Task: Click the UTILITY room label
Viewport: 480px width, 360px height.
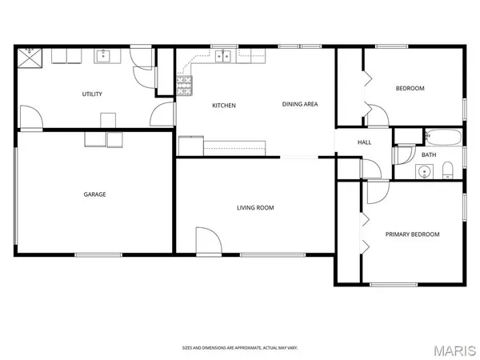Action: click(92, 94)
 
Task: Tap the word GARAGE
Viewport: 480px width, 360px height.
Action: click(95, 194)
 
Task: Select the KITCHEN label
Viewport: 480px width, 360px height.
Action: click(223, 106)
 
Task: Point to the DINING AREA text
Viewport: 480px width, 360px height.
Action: click(300, 104)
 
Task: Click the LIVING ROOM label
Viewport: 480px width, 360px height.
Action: click(255, 208)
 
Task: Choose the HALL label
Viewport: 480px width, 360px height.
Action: click(364, 142)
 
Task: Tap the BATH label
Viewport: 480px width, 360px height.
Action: click(429, 154)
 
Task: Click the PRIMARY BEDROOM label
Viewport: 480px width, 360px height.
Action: click(412, 234)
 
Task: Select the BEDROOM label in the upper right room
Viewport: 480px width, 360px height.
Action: click(410, 88)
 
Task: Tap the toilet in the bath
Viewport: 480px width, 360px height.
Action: click(448, 169)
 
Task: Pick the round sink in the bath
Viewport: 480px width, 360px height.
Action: click(424, 170)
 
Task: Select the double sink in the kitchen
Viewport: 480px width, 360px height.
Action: click(223, 56)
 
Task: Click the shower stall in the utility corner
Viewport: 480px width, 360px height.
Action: click(34, 55)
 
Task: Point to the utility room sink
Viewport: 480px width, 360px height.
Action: click(102, 56)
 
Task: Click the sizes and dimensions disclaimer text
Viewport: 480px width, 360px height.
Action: click(239, 348)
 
